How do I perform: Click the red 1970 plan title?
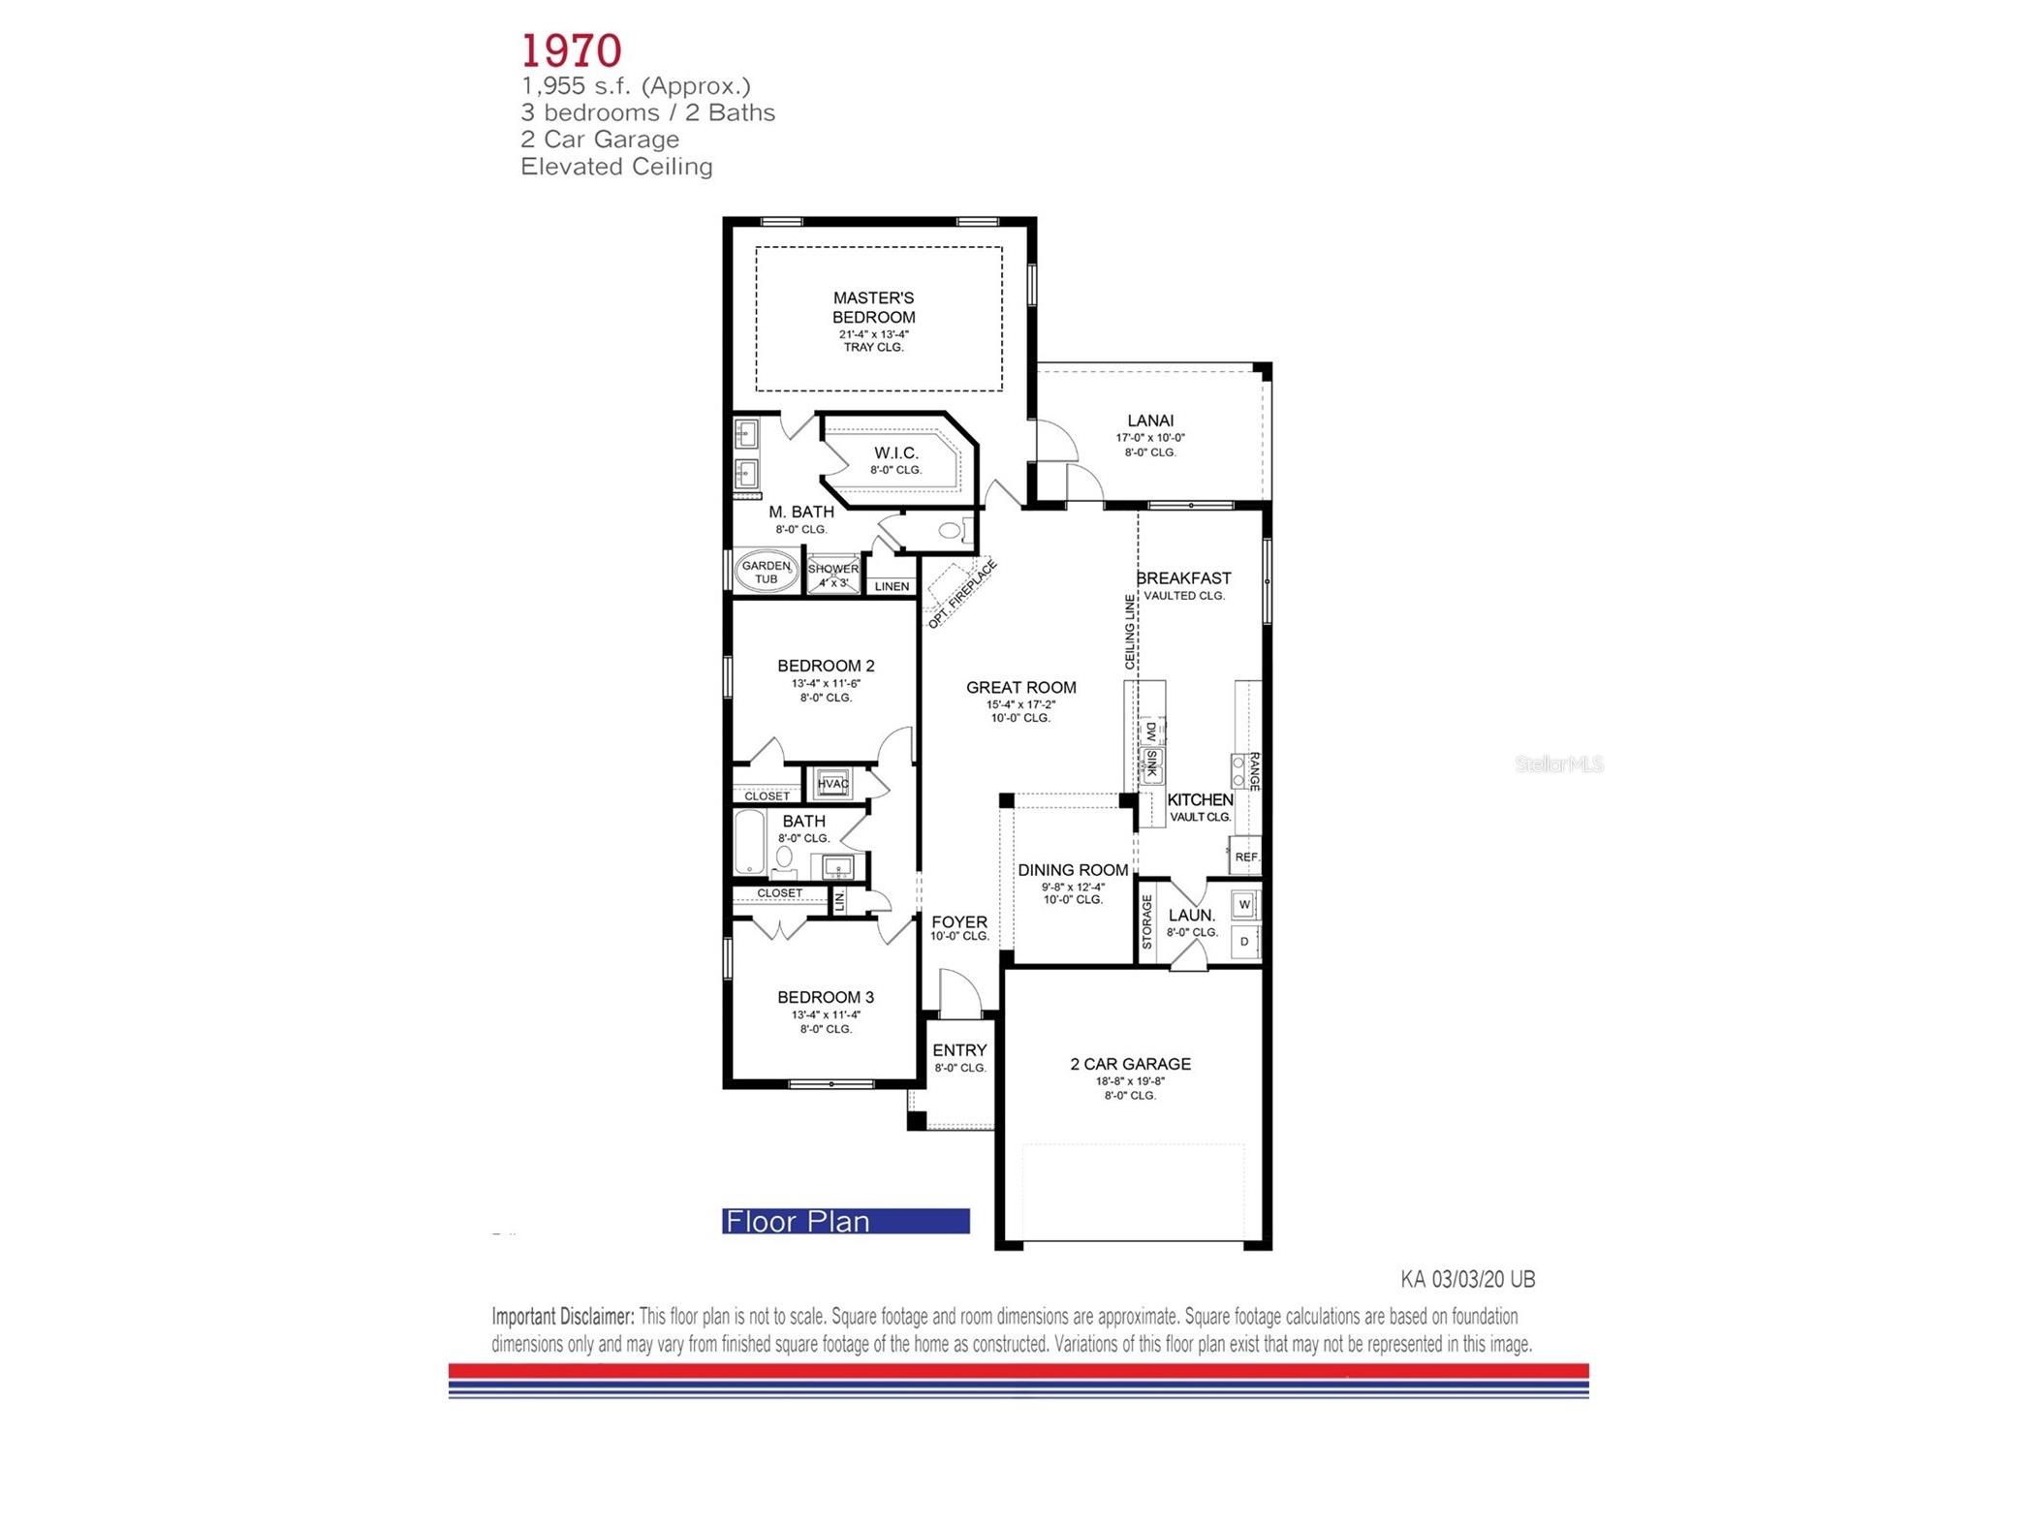[571, 50]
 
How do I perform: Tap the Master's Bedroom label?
[873, 307]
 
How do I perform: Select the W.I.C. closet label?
[895, 452]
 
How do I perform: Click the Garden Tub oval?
[766, 572]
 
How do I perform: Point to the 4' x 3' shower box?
[832, 576]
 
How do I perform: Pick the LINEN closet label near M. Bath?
[892, 586]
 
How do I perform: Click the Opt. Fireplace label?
[961, 594]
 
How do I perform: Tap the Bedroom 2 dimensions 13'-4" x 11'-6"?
[826, 683]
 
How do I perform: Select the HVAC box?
[832, 783]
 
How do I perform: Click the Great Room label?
[1020, 687]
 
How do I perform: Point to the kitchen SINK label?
[1151, 764]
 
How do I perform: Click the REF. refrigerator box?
[1246, 857]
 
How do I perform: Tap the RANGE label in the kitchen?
[1253, 771]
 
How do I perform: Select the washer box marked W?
[1244, 904]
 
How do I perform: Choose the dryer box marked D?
[1244, 941]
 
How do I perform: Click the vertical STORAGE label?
[1146, 921]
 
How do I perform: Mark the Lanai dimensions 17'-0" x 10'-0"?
[1149, 437]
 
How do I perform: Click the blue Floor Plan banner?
[845, 1221]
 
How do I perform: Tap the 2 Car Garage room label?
[1130, 1063]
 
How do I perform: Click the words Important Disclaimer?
[562, 1316]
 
